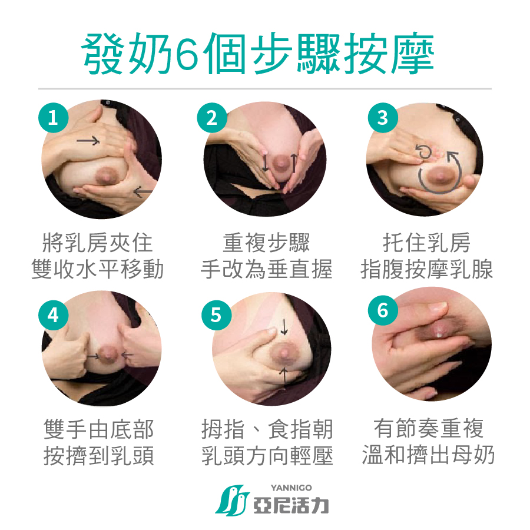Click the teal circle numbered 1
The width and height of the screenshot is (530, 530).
(54, 118)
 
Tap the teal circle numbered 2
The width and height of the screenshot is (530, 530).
(212, 118)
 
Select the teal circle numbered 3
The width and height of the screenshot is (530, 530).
(383, 118)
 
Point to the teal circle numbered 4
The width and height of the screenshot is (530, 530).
(54, 315)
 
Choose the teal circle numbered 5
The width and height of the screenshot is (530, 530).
(216, 315)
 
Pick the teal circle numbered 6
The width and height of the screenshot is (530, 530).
(383, 310)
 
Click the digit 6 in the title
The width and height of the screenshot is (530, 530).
(187, 54)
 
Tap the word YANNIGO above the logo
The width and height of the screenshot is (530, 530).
(291, 488)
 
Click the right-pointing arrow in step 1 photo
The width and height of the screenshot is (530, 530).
(88, 140)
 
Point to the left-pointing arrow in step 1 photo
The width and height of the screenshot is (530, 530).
(143, 192)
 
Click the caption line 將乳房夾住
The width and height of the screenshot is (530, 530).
(97, 243)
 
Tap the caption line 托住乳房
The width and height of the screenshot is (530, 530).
(426, 243)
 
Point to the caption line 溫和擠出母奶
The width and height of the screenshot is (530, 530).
(429, 455)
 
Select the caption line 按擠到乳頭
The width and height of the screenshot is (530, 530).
(99, 456)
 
